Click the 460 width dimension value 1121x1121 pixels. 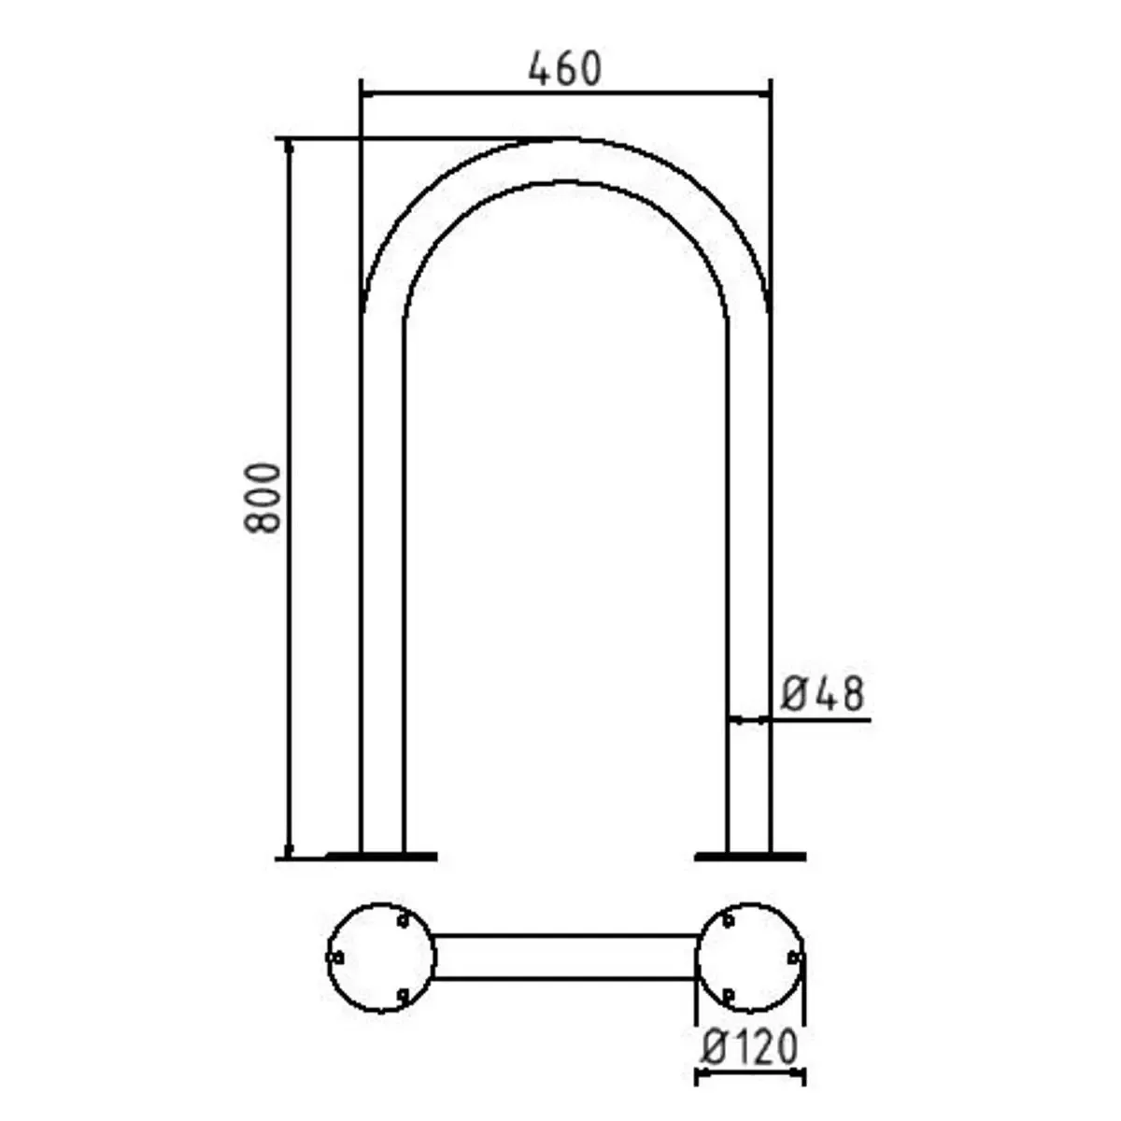pyautogui.click(x=565, y=69)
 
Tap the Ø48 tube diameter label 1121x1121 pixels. pyautogui.click(x=822, y=694)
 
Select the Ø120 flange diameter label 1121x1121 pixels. pyautogui.click(x=750, y=1048)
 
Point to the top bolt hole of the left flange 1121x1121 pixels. pyautogui.click(x=403, y=921)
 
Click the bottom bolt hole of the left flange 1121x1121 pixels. pyautogui.click(x=403, y=995)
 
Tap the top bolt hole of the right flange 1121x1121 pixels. pyautogui.click(x=728, y=921)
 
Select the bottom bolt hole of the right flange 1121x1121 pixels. pyautogui.click(x=728, y=995)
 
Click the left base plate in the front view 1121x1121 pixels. pyautogui.click(x=381, y=855)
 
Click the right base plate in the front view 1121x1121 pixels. pyautogui.click(x=750, y=855)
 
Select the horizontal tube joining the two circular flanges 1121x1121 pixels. pyautogui.click(x=565, y=957)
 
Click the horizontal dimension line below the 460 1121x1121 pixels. pyautogui.click(x=565, y=93)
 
